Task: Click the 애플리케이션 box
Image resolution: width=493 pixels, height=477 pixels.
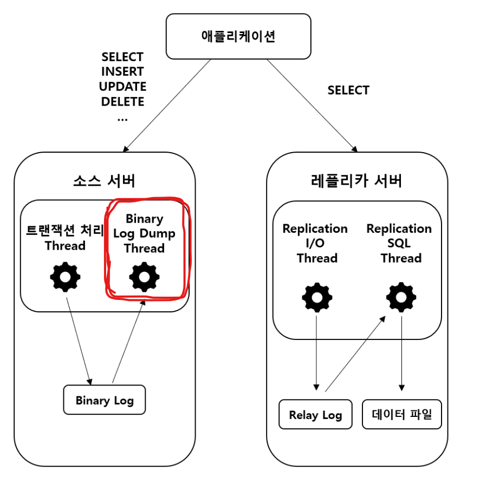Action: point(238,36)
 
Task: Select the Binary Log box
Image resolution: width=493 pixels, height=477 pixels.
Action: point(105,401)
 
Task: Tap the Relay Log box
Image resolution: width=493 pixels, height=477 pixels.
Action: point(315,415)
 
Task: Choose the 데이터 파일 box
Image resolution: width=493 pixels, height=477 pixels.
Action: point(402,415)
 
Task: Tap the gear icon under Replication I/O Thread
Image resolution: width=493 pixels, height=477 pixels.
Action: point(317,297)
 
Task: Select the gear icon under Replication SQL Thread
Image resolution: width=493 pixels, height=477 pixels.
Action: point(401,297)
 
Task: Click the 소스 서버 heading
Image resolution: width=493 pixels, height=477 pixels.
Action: point(105,180)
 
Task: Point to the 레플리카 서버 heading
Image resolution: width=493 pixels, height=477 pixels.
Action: point(358,180)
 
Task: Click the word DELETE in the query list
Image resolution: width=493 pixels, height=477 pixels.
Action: point(122,101)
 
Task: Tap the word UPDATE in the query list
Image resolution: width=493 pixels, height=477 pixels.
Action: point(122,87)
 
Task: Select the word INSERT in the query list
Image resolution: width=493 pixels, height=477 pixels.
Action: point(122,71)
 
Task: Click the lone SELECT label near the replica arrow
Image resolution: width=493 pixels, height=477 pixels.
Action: point(348,90)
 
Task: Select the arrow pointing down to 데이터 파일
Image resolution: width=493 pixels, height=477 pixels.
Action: point(401,352)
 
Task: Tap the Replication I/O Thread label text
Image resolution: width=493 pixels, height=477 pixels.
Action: point(315,243)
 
